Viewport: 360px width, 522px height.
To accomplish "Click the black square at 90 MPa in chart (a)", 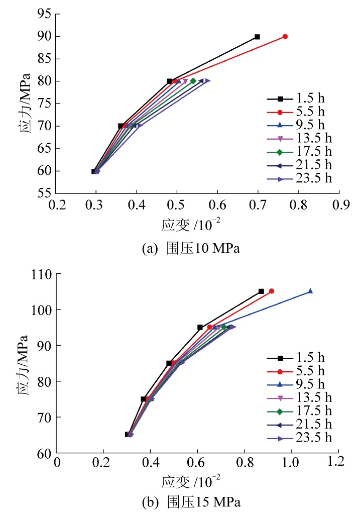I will pos(257,37).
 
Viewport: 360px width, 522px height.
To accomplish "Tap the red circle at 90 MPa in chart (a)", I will pos(285,37).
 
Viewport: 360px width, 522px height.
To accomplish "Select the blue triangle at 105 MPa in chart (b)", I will pos(310,291).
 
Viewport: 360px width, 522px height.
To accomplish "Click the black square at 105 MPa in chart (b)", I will pos(261,291).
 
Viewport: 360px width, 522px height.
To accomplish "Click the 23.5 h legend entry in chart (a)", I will pos(299,178).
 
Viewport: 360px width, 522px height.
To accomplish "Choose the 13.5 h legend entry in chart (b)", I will pos(299,398).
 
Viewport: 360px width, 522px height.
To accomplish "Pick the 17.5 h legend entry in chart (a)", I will pos(299,152).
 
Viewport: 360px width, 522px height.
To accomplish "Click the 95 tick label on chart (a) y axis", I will pos(44,14).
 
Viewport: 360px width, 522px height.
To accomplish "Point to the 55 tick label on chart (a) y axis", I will pos(44,193).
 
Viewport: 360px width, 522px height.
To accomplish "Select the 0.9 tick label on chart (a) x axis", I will pos(339,205).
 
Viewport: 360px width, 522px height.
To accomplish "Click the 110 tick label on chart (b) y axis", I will pos(41,274).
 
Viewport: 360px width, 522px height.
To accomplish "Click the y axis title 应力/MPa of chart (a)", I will pos(24,103).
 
